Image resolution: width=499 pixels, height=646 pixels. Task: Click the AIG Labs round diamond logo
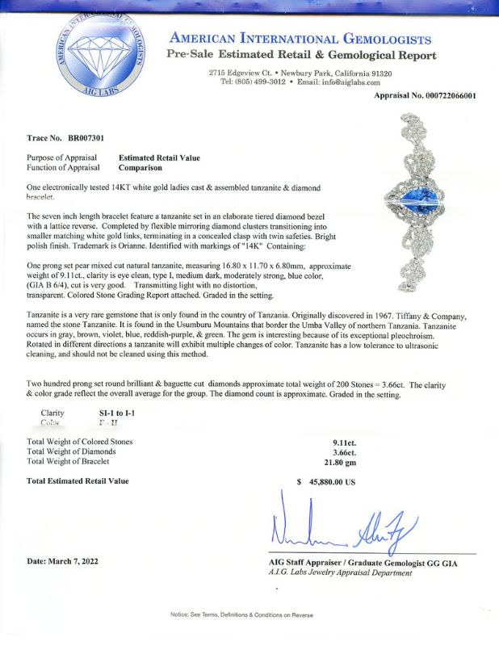coord(100,61)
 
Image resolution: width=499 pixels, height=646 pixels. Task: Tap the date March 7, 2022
coord(67,560)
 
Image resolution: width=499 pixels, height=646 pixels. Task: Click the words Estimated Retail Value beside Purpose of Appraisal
coord(159,157)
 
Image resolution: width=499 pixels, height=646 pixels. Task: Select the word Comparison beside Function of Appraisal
coord(140,168)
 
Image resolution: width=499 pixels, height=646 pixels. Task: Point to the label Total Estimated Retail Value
coord(78,481)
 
